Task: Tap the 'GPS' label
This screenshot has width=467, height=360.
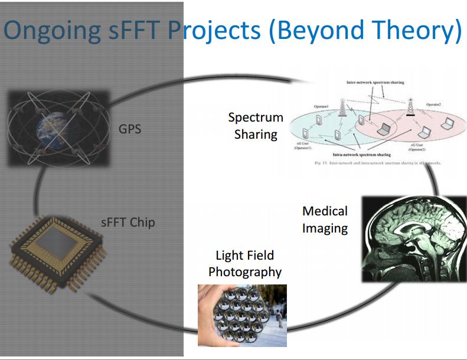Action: coord(130,128)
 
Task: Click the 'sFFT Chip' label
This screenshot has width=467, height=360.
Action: coord(128,223)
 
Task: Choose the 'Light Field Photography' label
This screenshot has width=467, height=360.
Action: coord(244,264)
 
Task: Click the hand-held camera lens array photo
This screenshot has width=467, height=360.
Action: coord(242,315)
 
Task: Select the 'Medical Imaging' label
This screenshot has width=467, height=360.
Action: coord(325,219)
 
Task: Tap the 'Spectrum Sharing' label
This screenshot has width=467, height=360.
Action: coord(256,126)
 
